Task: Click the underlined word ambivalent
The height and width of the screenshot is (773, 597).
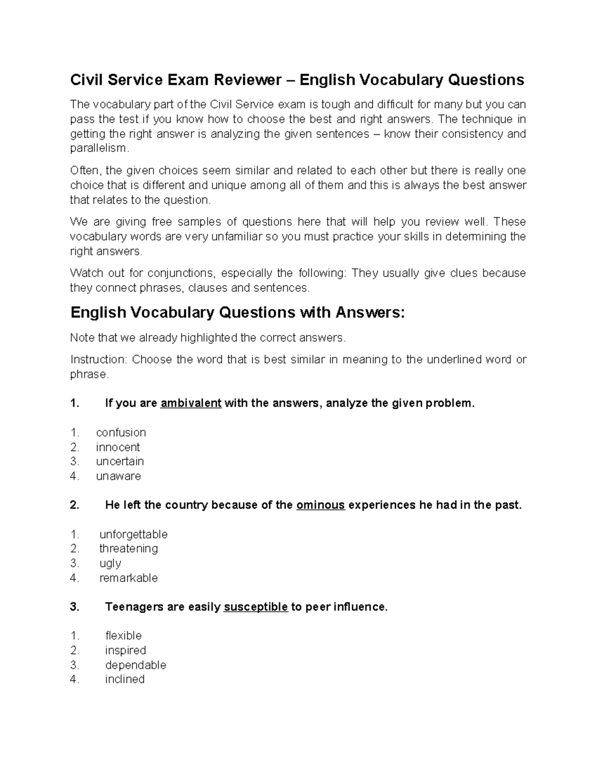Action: point(191,403)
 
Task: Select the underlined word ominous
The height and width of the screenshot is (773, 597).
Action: point(320,505)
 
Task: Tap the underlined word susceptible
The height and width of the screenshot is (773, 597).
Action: point(256,607)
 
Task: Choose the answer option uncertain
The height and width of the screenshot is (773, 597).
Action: point(120,461)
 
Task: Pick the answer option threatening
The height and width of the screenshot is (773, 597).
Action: point(128,549)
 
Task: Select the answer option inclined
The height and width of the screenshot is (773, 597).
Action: point(124,679)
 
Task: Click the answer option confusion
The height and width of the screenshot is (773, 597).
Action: point(121,433)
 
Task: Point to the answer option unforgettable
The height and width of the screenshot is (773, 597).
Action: point(133,535)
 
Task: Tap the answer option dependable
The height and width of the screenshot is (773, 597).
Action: point(135,665)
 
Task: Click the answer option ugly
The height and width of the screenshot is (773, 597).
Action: point(110,563)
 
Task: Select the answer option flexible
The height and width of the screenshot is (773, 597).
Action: point(123,636)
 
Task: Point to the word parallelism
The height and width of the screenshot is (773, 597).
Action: point(99,149)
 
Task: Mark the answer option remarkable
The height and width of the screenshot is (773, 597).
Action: point(128,578)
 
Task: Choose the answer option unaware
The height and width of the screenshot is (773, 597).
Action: point(118,476)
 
